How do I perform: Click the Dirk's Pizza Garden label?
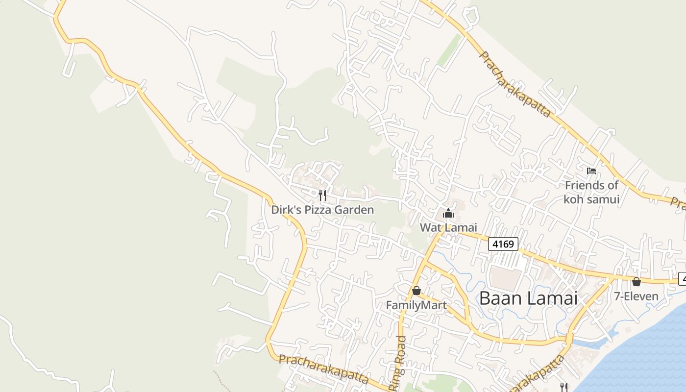322,210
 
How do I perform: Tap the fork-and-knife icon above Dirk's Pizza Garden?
322,196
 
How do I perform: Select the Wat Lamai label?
448,227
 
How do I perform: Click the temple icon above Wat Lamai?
448,214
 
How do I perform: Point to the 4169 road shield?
503,244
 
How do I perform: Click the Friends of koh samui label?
591,192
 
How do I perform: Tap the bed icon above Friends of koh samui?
591,171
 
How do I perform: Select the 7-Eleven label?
637,296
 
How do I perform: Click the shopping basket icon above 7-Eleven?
637,282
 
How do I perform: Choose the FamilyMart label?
416,305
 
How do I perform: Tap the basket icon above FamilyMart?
416,291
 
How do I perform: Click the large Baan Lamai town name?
529,298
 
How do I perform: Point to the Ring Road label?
398,363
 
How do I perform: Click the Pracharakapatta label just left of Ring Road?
323,369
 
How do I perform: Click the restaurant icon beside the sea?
564,387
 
